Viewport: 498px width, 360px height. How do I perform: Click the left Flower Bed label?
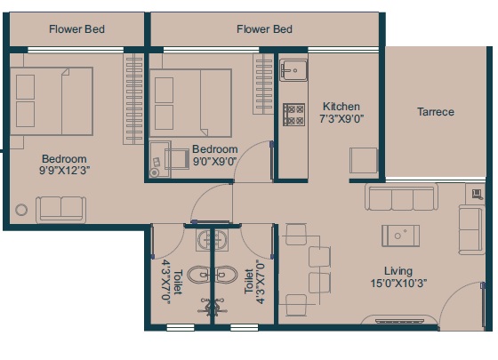(x=76, y=29)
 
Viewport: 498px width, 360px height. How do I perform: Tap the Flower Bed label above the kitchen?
(x=264, y=29)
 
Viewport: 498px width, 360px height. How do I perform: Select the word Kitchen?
(x=341, y=107)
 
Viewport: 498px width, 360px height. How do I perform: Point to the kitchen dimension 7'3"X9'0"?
(x=341, y=118)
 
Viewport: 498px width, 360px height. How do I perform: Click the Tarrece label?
(x=436, y=112)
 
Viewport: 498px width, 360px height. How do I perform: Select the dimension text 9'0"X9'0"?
(x=214, y=161)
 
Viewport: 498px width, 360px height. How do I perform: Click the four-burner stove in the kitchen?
(x=293, y=115)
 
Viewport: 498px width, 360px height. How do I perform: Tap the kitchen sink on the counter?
(x=293, y=69)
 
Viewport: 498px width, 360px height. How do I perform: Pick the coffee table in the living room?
(x=401, y=235)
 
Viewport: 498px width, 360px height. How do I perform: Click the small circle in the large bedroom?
(x=20, y=211)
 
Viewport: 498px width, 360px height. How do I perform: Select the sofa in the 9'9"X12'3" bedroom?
(x=60, y=208)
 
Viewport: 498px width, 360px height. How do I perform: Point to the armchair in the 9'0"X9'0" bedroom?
(x=176, y=158)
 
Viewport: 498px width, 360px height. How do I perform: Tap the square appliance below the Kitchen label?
(x=363, y=159)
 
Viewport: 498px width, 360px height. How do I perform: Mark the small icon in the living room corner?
(x=476, y=192)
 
